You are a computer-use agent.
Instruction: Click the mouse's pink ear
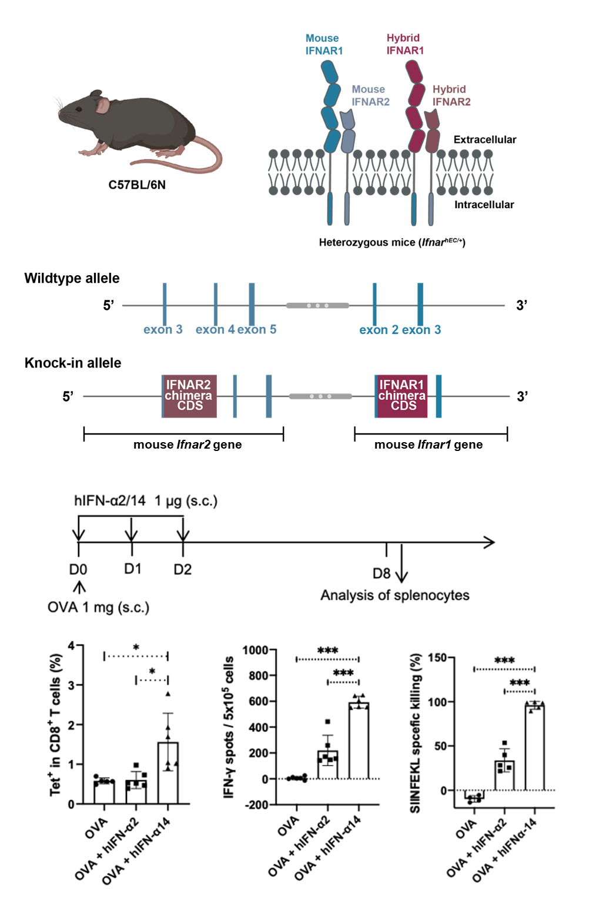[103, 106]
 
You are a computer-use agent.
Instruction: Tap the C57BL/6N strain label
[137, 185]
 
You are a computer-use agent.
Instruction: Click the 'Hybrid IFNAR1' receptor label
[404, 44]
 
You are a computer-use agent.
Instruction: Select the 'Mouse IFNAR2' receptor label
[370, 95]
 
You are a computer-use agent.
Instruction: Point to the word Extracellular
[484, 139]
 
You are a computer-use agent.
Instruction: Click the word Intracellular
[484, 205]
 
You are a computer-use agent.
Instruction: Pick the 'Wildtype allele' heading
[72, 278]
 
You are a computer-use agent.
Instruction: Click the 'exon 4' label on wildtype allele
[215, 330]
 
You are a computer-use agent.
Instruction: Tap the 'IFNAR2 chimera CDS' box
[189, 396]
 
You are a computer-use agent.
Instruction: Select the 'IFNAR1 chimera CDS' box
[402, 396]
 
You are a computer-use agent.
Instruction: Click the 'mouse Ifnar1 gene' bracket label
[428, 445]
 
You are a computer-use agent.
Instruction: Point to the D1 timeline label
[132, 569]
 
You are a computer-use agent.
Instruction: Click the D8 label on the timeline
[381, 573]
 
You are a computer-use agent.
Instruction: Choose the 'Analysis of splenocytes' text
[394, 595]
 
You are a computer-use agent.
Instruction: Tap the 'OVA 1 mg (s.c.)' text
[98, 607]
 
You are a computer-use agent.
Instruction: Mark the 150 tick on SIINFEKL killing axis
[437, 657]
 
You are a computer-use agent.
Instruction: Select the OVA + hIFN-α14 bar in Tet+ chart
[168, 773]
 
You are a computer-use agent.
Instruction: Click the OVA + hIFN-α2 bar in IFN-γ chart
[328, 764]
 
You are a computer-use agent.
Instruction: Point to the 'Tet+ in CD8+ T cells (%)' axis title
[55, 724]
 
